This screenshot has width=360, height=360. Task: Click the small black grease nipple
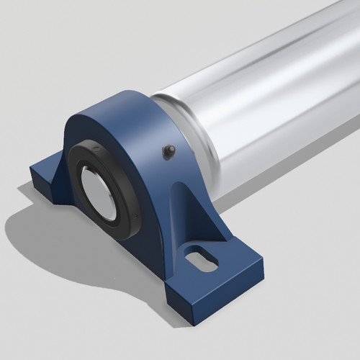(168, 150)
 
